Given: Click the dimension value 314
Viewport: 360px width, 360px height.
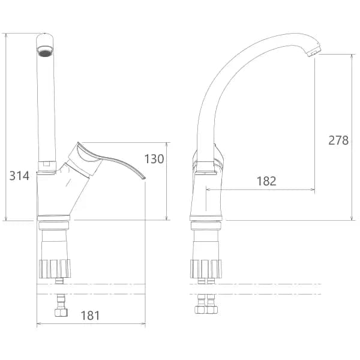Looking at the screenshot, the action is click(19, 176).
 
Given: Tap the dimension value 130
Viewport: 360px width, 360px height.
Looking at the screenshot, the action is click(154, 158).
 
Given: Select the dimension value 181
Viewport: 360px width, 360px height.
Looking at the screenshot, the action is click(91, 316).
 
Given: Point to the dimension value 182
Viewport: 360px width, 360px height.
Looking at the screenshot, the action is click(266, 181).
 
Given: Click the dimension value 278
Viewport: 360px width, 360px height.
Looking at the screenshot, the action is click(338, 140).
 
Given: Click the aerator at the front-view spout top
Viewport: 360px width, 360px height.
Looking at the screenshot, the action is click(45, 51).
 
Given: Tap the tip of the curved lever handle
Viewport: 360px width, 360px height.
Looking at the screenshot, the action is click(144, 178).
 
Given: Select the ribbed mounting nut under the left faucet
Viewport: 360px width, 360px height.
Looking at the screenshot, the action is click(55, 269).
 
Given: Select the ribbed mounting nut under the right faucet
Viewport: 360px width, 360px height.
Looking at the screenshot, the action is click(206, 269).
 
